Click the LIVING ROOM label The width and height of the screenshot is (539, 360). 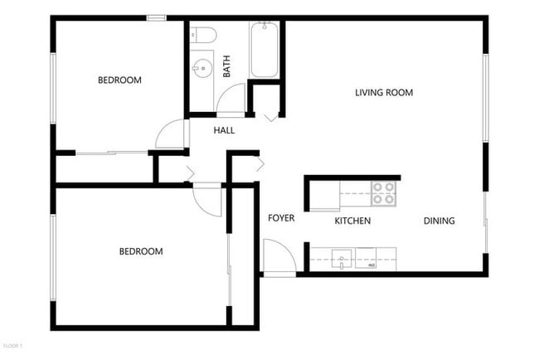[x=384, y=92]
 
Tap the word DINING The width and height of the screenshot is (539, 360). [x=439, y=221]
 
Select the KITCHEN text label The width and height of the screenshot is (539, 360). [x=352, y=221]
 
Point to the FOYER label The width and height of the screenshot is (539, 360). [x=281, y=218]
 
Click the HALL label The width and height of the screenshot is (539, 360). [x=224, y=130]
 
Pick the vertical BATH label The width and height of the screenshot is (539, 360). [x=226, y=66]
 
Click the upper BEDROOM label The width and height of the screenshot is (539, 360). [x=119, y=80]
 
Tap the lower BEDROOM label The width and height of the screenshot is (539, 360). [x=140, y=251]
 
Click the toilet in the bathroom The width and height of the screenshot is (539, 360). [x=203, y=35]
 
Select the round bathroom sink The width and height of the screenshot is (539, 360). [x=201, y=66]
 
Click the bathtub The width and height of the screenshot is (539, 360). [x=265, y=50]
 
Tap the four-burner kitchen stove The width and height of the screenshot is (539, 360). [x=383, y=193]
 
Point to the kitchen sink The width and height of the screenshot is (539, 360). [x=342, y=260]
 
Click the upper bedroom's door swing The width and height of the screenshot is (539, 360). [x=172, y=134]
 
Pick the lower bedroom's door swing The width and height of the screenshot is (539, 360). [x=208, y=201]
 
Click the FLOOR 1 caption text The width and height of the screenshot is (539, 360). [x=12, y=344]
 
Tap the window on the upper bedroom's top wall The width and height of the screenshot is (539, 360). [x=156, y=17]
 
